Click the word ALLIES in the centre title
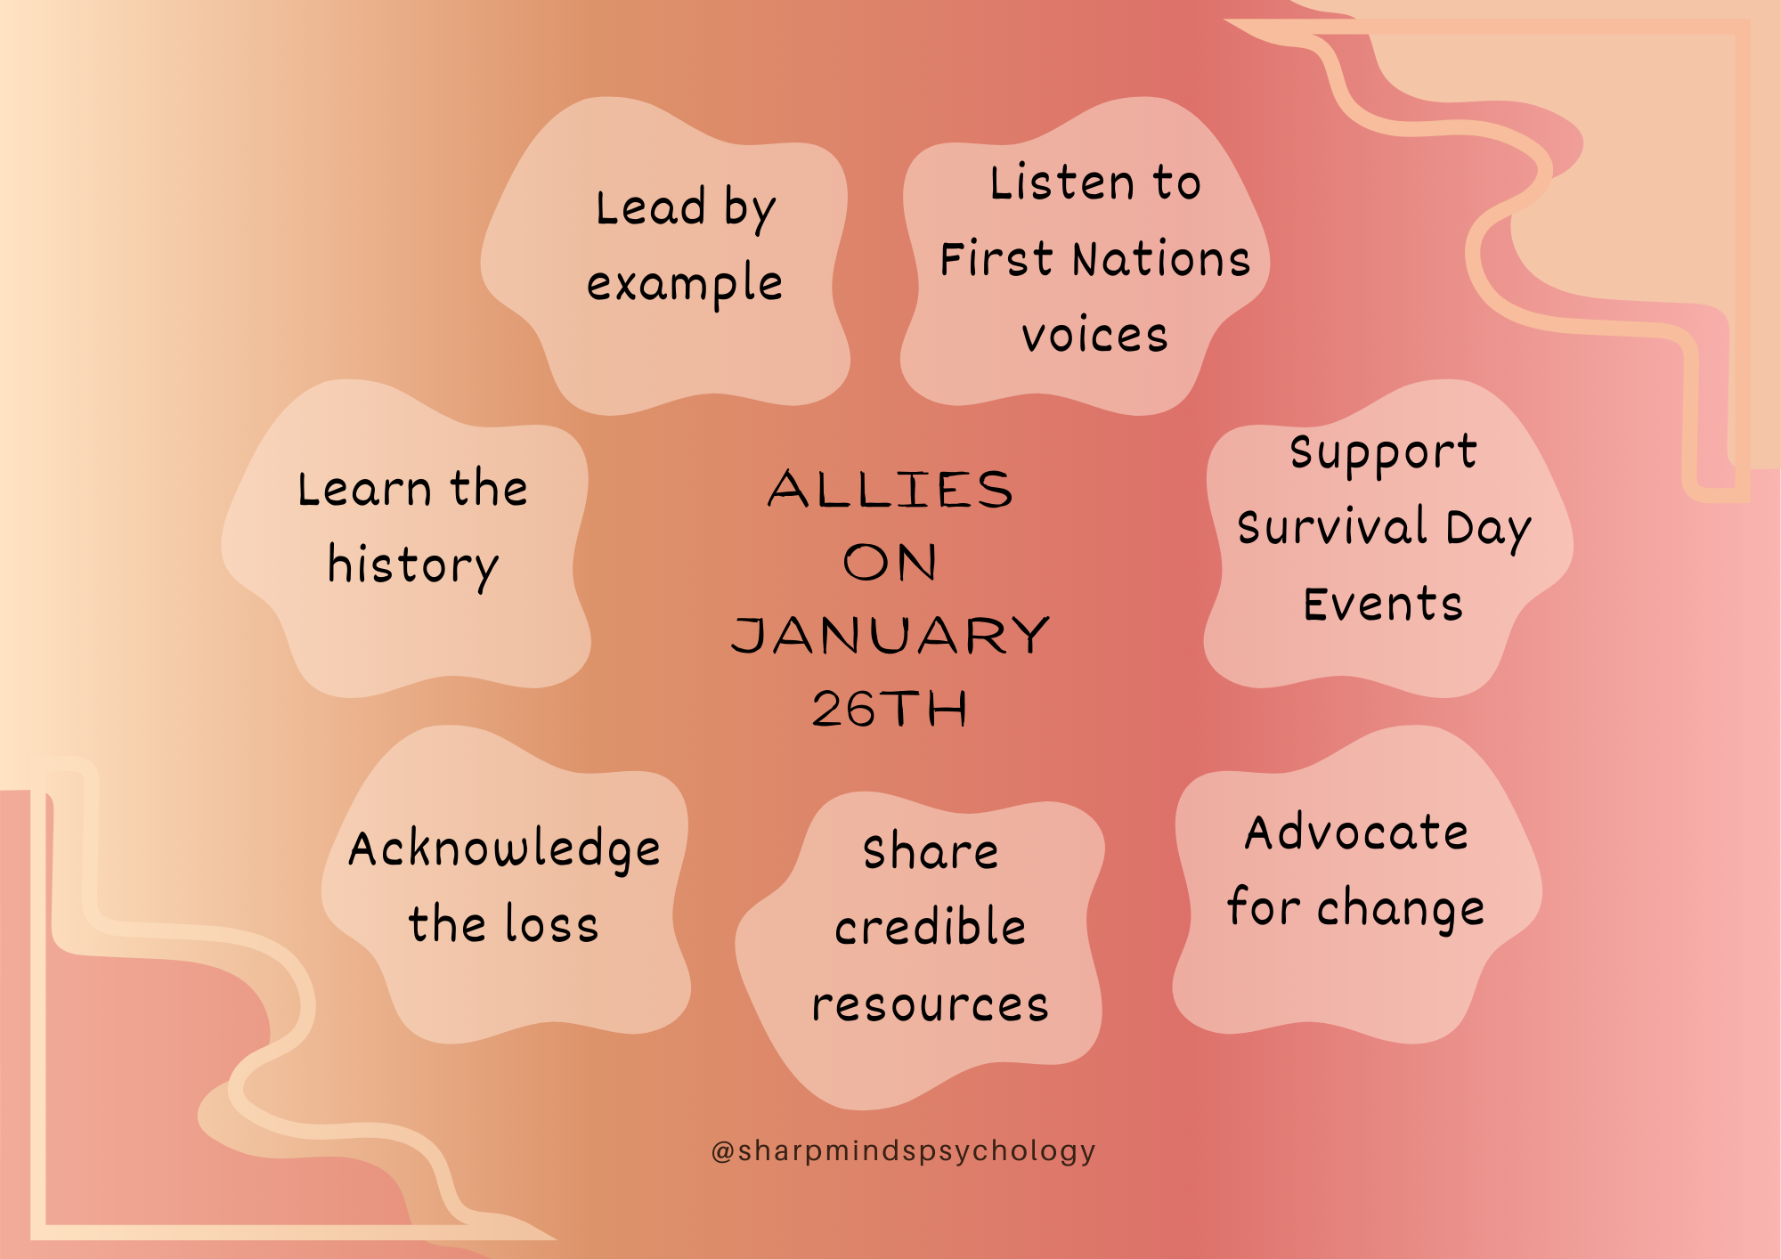tap(890, 490)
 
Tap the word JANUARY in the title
tap(890, 636)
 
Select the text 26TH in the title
tap(890, 710)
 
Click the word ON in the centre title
tap(890, 563)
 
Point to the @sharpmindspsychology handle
tap(903, 1151)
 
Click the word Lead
tap(651, 207)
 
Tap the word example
tap(685, 285)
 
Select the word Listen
tap(1062, 183)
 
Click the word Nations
tap(1162, 260)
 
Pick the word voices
tap(1094, 337)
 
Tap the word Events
tap(1383, 605)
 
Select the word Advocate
tap(1356, 833)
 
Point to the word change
tap(1401, 910)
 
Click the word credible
tap(931, 926)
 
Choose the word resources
tap(931, 1005)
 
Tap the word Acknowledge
tap(504, 849)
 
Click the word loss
tap(551, 923)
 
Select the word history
tap(413, 565)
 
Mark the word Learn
tap(365, 489)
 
